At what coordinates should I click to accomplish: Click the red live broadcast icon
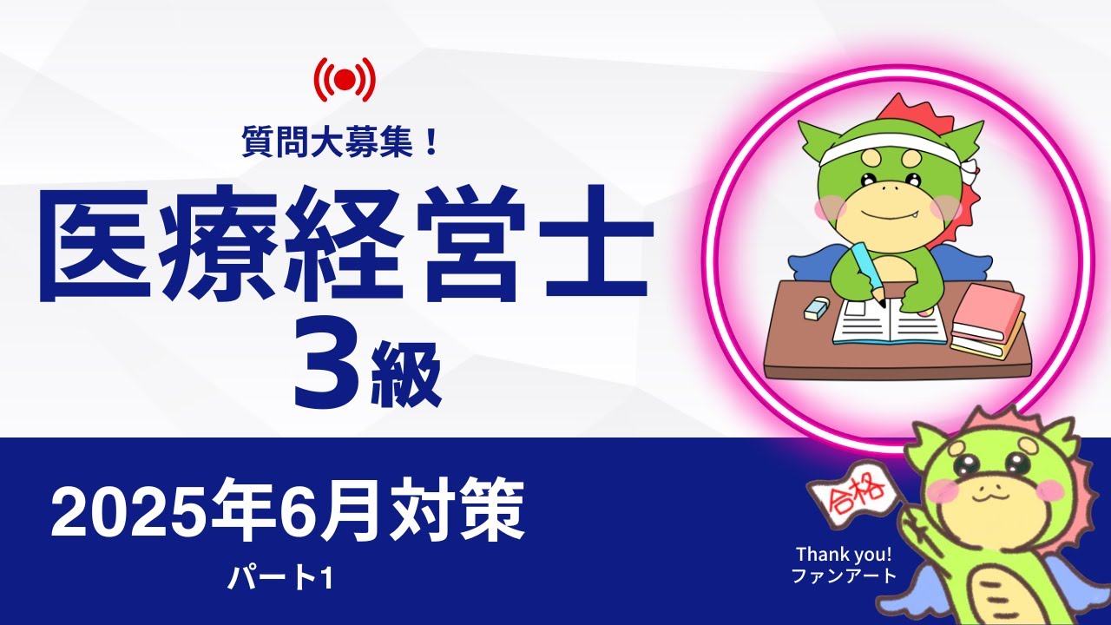click(x=345, y=80)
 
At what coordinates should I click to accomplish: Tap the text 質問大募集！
click(x=344, y=140)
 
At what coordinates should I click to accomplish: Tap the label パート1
click(x=280, y=579)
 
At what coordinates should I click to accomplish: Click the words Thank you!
click(x=845, y=554)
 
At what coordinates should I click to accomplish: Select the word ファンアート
click(x=845, y=575)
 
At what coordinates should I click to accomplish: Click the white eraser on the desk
click(x=818, y=308)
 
